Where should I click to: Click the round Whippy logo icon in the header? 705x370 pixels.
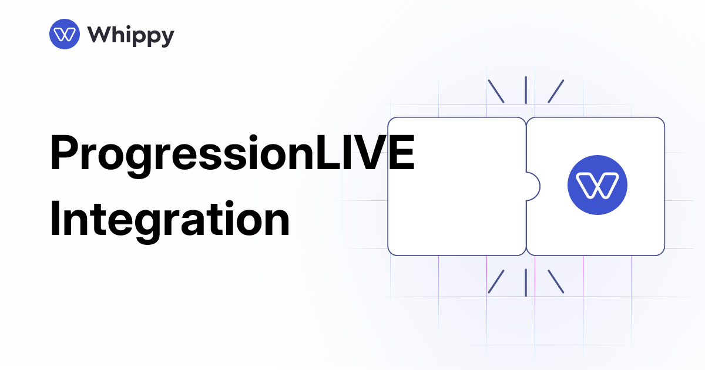64,35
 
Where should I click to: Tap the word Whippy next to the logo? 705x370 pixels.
131,35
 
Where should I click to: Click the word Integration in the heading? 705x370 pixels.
170,218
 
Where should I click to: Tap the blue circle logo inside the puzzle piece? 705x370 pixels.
597,186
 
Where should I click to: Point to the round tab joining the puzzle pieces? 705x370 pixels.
533,186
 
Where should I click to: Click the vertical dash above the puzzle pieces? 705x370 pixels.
526,90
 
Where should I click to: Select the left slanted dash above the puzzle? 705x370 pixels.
496,91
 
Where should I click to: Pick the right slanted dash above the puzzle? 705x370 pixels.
556,91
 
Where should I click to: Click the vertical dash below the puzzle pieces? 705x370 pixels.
526,282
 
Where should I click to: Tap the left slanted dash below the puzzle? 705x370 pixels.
496,282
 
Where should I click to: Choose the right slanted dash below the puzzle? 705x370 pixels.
556,282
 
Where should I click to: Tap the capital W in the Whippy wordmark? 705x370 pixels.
99,35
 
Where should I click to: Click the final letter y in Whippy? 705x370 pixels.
167,38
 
